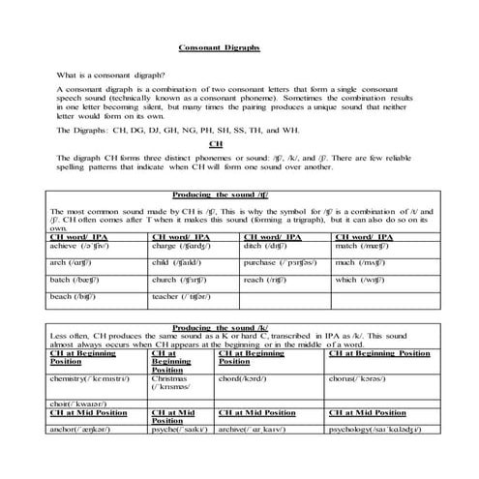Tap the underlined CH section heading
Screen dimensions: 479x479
coord(230,143)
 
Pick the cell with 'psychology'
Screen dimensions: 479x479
coord(377,427)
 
